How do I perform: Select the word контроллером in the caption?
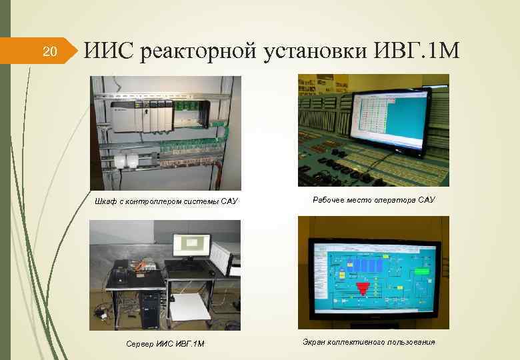pos(159,201)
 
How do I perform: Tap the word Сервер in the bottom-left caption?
pos(139,343)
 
